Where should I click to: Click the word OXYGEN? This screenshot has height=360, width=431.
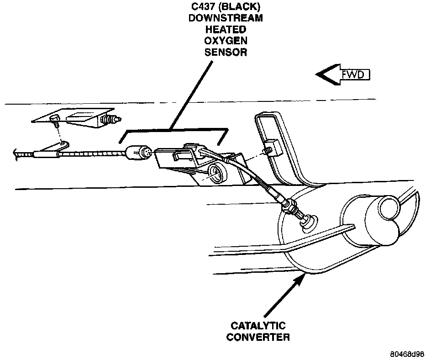226,41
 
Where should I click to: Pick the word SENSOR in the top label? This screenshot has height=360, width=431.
226,52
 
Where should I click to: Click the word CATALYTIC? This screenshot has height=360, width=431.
258,326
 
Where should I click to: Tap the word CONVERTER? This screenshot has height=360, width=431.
258,338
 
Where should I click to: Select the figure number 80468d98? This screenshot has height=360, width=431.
407,354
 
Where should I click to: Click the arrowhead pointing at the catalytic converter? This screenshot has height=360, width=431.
299,280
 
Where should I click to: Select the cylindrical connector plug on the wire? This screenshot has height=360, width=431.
137,152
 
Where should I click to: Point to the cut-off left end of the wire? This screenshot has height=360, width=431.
18,157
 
